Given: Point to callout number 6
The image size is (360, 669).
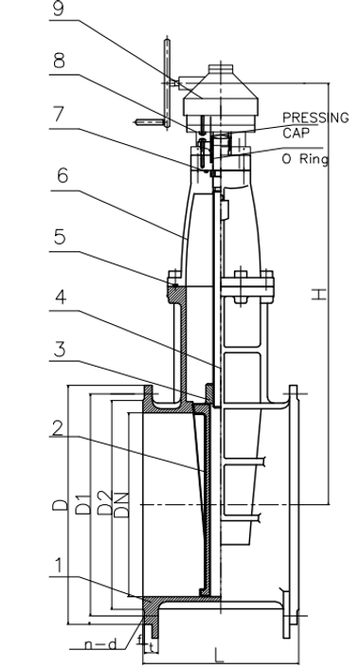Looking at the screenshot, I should [62, 176].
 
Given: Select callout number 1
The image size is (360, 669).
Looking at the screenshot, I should [58, 566].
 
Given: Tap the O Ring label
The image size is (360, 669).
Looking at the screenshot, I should [305, 159].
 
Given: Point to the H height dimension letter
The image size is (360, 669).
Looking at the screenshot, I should [322, 296].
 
